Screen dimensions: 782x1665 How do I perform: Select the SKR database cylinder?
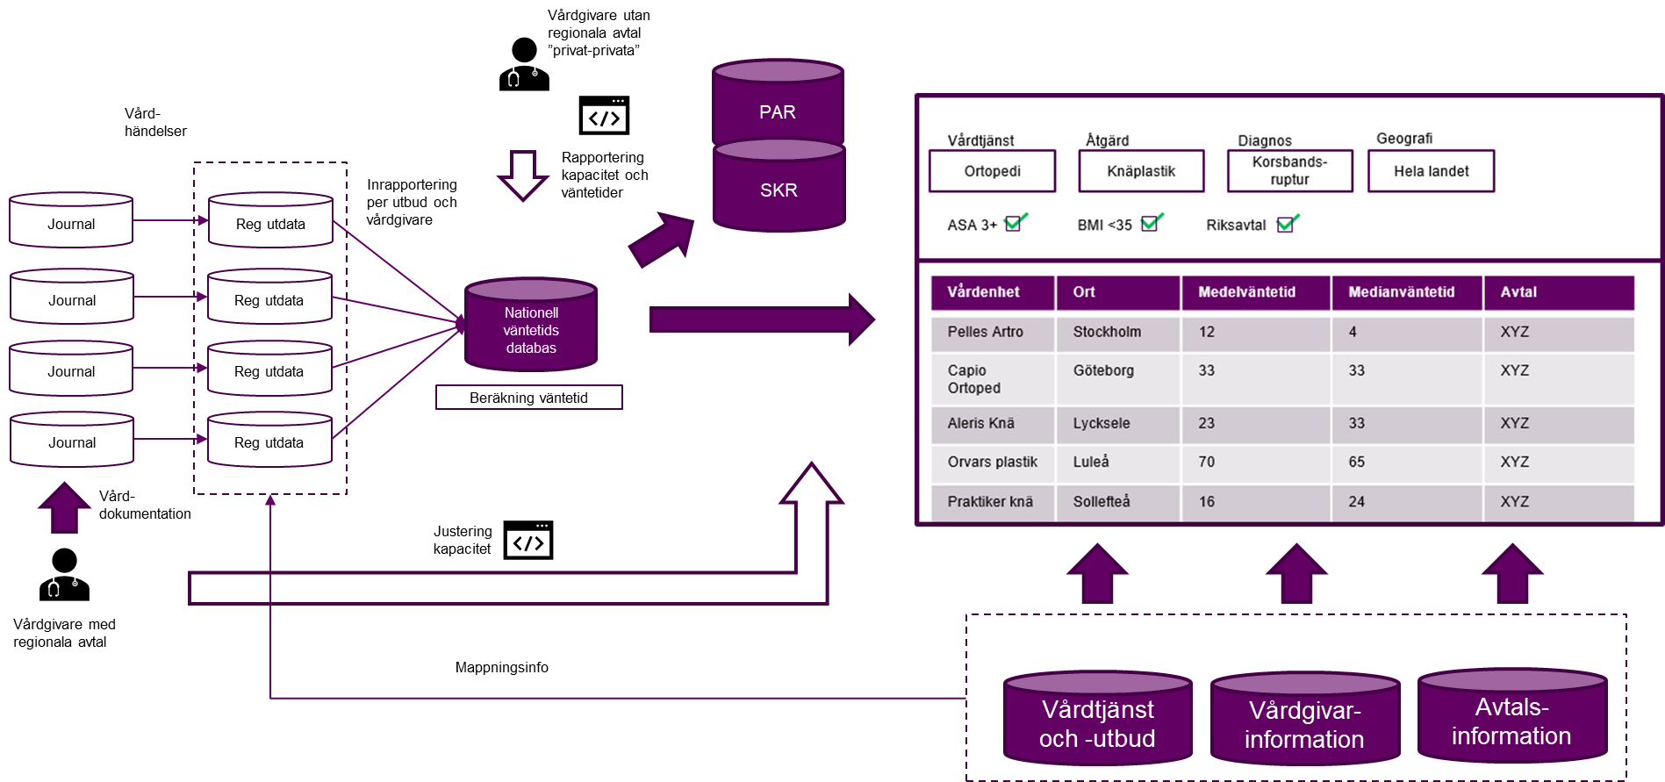click(779, 188)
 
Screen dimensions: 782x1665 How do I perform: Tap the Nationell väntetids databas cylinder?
click(531, 326)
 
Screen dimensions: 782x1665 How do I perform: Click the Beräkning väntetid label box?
click(528, 398)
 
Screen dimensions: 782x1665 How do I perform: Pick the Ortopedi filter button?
click(992, 171)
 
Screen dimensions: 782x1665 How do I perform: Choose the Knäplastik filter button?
click(1141, 171)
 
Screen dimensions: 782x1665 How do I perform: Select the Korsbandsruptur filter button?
click(1289, 171)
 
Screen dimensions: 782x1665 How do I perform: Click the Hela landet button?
click(1431, 171)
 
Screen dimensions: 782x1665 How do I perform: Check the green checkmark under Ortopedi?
click(1015, 222)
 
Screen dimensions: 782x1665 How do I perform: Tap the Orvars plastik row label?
click(992, 463)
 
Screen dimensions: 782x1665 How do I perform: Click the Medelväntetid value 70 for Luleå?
click(1207, 463)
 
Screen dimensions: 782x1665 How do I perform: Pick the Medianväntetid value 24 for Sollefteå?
click(1357, 502)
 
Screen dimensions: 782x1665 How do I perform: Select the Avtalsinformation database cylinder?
click(1511, 718)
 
